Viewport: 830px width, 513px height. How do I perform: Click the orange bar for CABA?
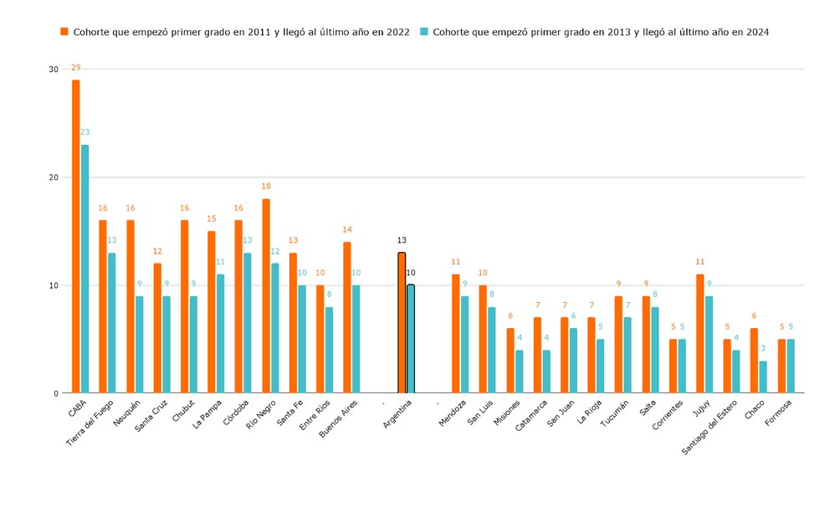(76, 236)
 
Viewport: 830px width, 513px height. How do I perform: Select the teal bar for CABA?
(85, 269)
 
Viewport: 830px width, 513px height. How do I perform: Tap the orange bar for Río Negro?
(266, 295)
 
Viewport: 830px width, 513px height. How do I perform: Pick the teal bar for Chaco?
(763, 377)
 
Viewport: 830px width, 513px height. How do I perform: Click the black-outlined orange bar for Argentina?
(402, 322)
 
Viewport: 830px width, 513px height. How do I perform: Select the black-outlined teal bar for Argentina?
(411, 339)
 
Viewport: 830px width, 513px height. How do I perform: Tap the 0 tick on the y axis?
(56, 393)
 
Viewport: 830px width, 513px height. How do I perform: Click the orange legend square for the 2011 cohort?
(64, 32)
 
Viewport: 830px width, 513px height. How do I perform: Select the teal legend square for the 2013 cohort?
(424, 32)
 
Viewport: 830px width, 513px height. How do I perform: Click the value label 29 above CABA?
(76, 67)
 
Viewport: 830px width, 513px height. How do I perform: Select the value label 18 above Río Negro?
(266, 187)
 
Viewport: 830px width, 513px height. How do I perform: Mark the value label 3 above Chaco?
(763, 348)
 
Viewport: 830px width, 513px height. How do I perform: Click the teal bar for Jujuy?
(709, 344)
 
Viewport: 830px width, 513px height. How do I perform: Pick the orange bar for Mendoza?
(456, 333)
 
